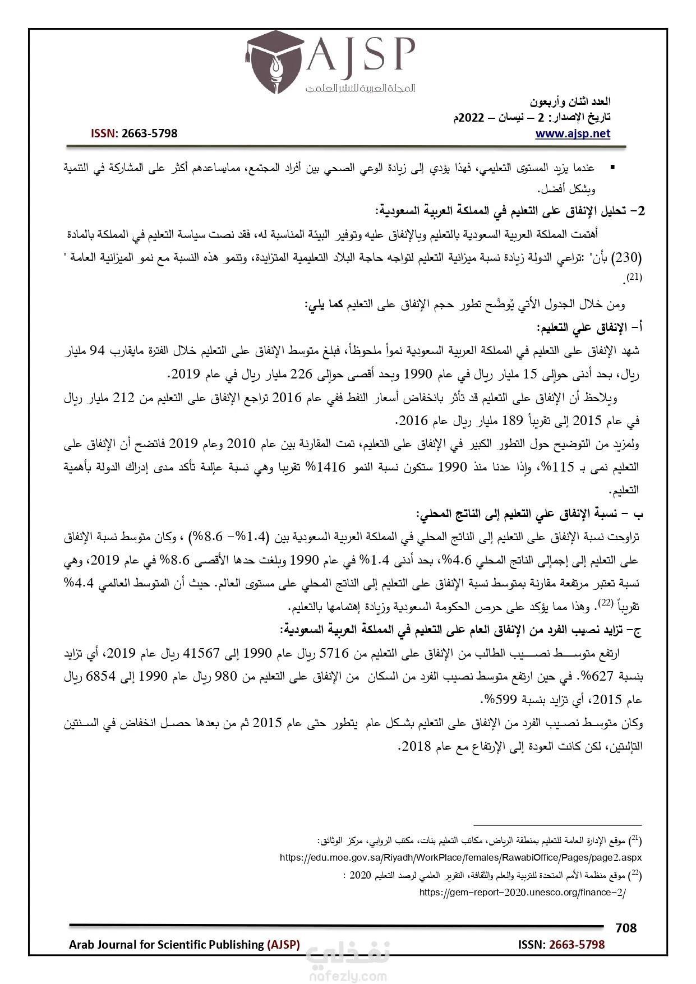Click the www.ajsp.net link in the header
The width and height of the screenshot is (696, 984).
tap(573, 133)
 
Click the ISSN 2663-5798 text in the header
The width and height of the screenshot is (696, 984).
tap(134, 133)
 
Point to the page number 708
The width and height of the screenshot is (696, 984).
tap(625, 928)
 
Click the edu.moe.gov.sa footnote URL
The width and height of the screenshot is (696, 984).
tap(460, 857)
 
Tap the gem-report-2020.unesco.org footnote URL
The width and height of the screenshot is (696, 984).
tap(522, 892)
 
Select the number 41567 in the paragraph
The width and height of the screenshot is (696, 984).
tap(201, 653)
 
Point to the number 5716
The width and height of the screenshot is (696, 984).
tap(334, 653)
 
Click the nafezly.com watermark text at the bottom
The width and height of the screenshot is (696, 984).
tap(348, 976)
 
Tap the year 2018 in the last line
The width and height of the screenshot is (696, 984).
tap(417, 747)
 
